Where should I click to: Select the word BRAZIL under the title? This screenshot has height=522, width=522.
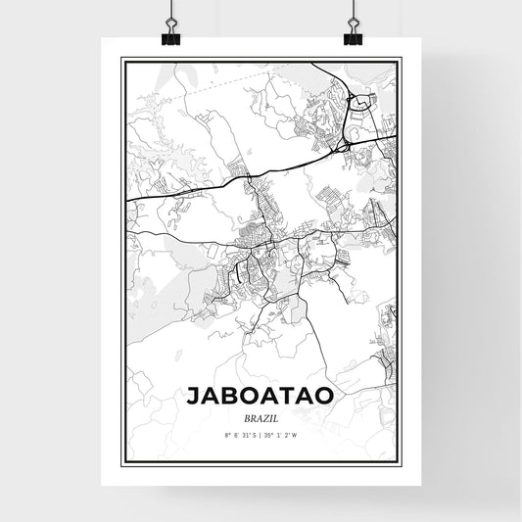click(261, 417)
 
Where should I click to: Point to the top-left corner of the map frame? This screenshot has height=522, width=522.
click(121, 58)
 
